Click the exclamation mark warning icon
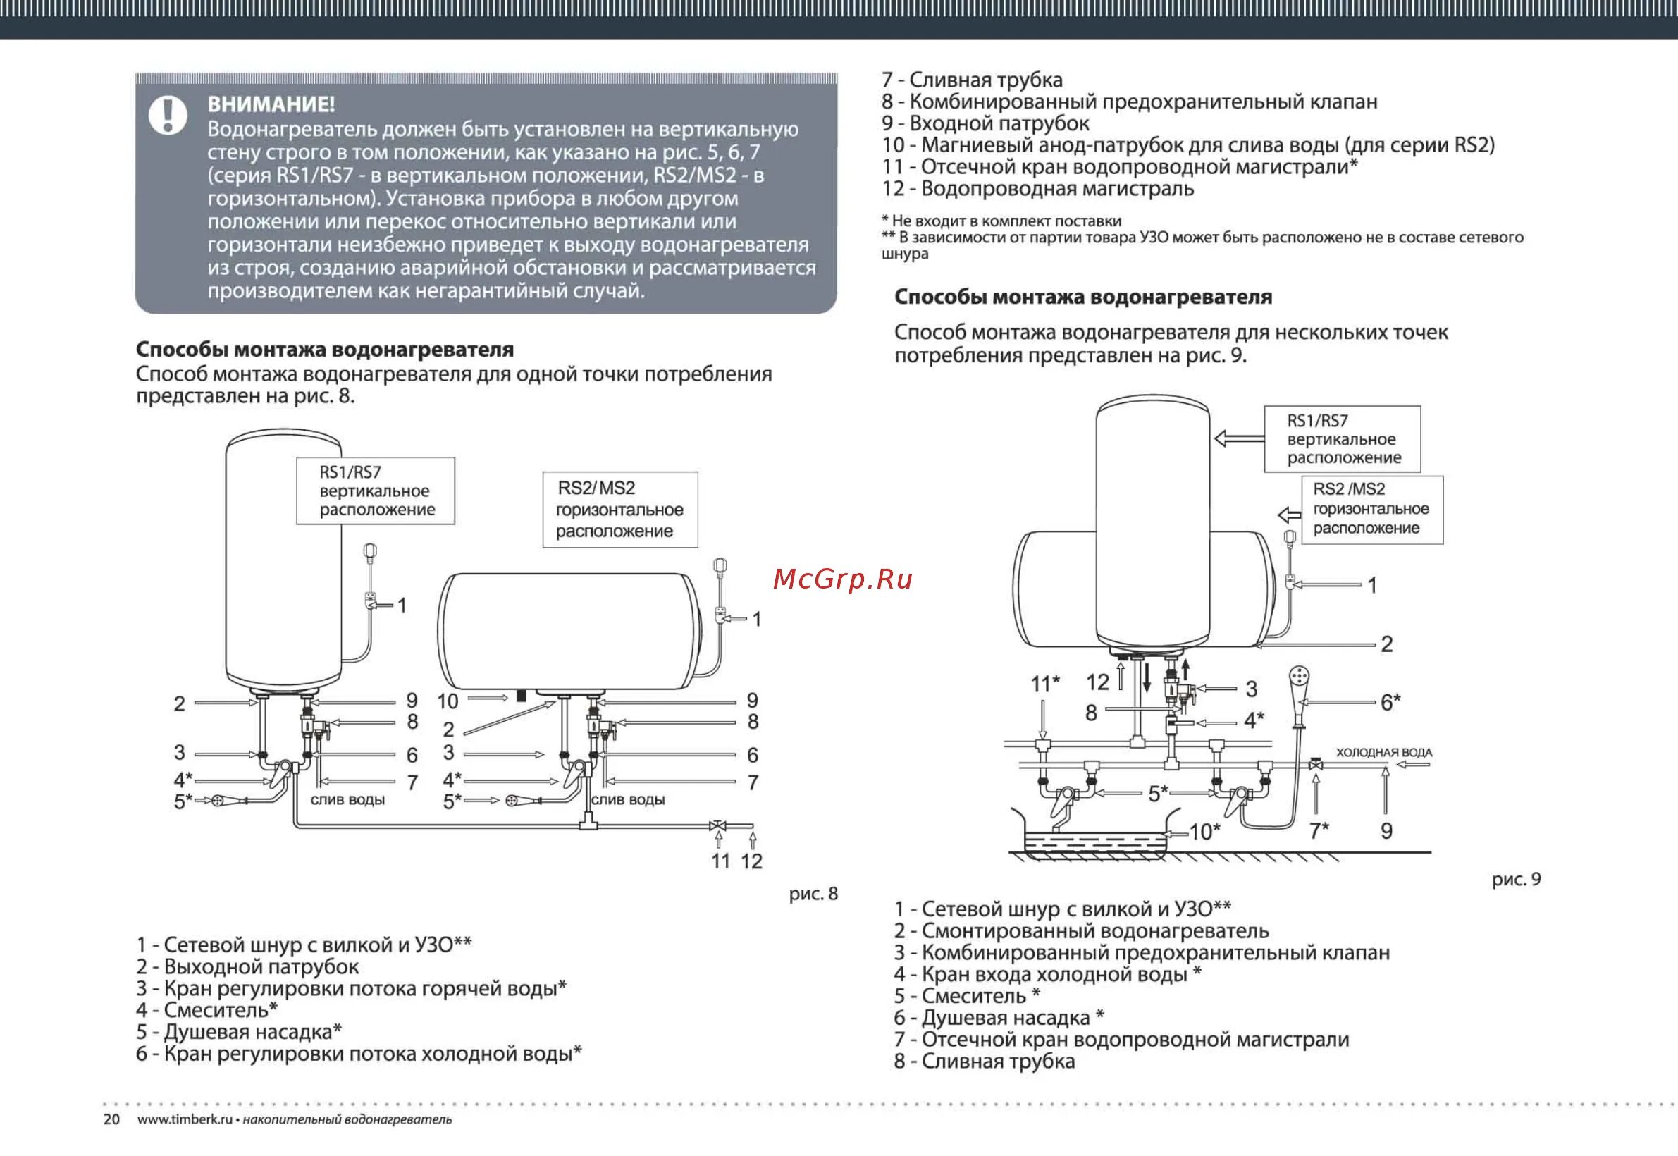click(x=168, y=114)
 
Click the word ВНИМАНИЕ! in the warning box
click(x=271, y=105)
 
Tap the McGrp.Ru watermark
click(x=842, y=579)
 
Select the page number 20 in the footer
click(x=111, y=1119)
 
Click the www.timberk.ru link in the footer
click(x=185, y=1119)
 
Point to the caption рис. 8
click(x=813, y=894)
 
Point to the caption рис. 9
click(x=1516, y=879)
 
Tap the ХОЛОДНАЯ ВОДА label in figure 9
click(x=1383, y=753)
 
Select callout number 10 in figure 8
click(x=448, y=701)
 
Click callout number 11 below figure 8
click(x=720, y=861)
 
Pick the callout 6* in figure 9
click(x=1390, y=702)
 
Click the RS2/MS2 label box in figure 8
click(x=620, y=509)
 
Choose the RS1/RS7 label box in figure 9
click(x=1342, y=439)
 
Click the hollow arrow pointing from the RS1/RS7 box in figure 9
click(x=1238, y=438)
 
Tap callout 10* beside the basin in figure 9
click(x=1204, y=832)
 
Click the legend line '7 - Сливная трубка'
click(x=972, y=80)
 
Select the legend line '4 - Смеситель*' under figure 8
click(x=207, y=1009)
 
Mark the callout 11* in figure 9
click(x=1044, y=683)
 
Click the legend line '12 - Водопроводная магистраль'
click(x=1038, y=189)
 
